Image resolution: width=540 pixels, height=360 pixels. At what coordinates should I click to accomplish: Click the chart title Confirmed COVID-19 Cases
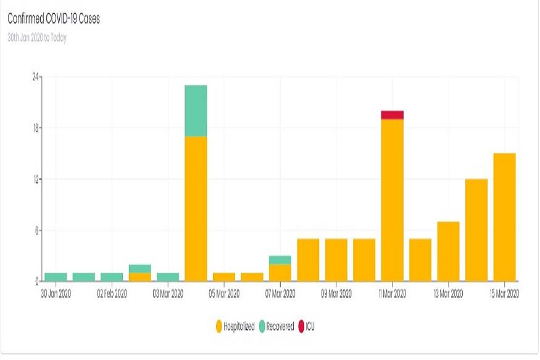tap(54, 19)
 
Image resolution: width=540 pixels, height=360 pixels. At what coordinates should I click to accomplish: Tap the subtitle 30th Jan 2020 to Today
tap(37, 38)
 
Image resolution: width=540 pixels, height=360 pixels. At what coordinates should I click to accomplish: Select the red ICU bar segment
tap(393, 115)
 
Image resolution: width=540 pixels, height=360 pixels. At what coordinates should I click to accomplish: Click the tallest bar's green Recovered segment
tap(196, 111)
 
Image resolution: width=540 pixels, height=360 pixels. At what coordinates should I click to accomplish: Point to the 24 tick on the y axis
tap(36, 77)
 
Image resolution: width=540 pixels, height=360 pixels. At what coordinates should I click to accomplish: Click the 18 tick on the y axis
tap(36, 128)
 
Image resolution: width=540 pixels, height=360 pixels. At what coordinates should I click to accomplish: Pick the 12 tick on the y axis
tap(36, 180)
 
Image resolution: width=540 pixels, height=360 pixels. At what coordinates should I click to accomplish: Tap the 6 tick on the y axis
tap(37, 231)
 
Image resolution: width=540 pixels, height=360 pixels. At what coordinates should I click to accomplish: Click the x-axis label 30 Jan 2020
tap(56, 294)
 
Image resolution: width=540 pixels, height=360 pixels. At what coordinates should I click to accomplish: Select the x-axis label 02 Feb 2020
tap(112, 294)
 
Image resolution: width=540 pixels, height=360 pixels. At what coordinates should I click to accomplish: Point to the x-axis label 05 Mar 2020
tap(224, 294)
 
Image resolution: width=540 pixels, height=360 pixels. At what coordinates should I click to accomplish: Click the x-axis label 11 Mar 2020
tap(393, 294)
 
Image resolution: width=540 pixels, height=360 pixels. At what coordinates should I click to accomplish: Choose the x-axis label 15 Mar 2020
tap(505, 294)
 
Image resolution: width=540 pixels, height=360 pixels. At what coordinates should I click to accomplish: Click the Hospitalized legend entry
tap(235, 327)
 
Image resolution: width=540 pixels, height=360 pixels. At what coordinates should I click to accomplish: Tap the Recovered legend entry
tap(276, 327)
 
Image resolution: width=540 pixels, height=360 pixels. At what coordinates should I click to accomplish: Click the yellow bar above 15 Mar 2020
tap(505, 217)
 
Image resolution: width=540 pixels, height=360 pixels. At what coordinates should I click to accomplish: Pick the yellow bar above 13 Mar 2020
tap(449, 251)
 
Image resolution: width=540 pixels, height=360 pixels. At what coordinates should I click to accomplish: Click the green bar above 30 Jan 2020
tap(56, 277)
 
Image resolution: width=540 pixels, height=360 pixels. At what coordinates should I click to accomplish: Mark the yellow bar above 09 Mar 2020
tap(336, 259)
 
